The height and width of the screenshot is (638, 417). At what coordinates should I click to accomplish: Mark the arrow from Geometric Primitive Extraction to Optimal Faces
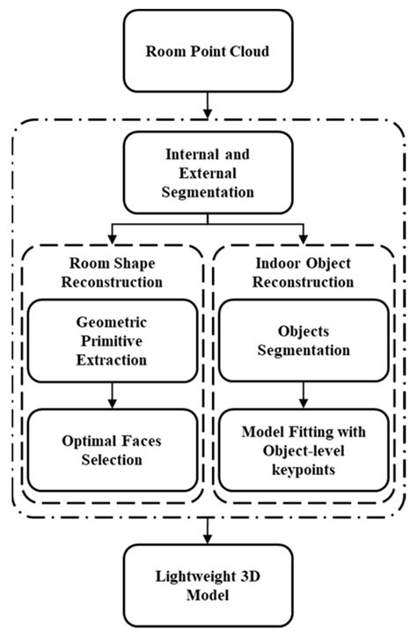113,398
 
